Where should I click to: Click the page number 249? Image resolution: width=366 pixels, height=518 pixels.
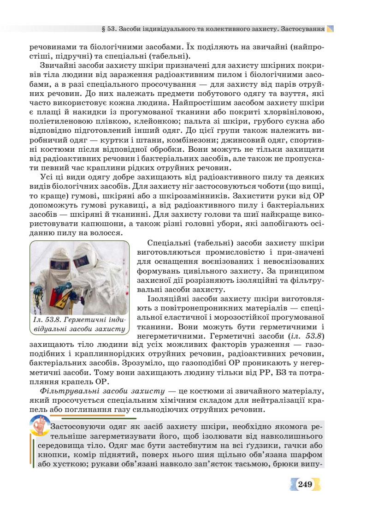[x=305, y=484]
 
